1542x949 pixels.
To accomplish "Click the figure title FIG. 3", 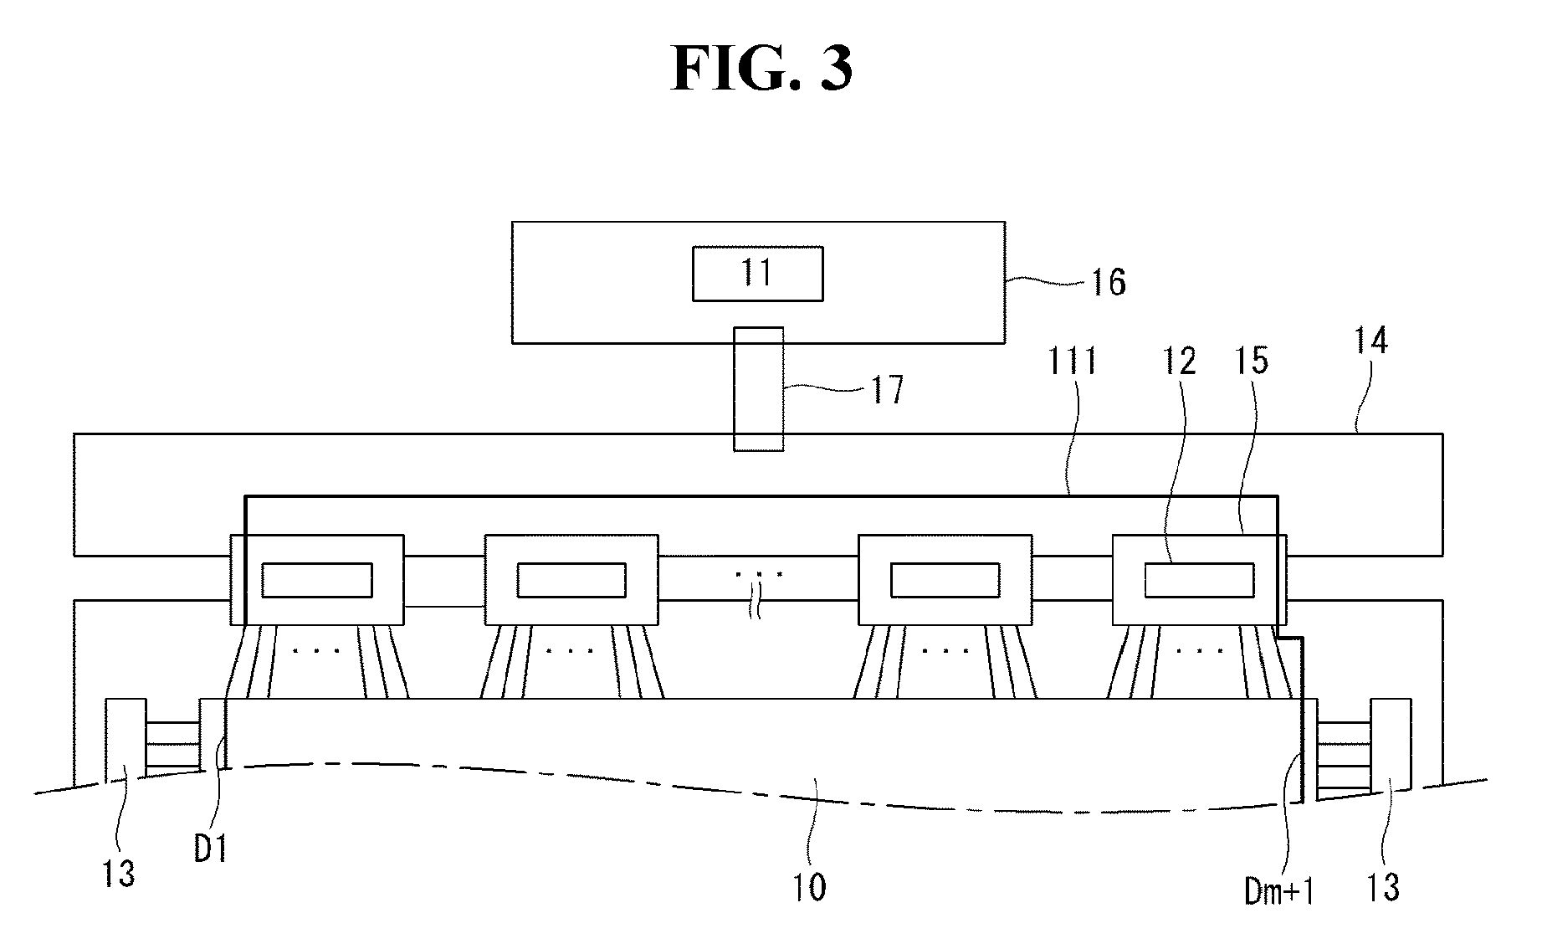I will click(761, 69).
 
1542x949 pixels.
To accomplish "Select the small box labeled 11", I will click(757, 274).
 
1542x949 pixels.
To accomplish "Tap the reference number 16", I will click(1108, 283).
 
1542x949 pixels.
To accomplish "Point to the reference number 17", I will click(888, 390).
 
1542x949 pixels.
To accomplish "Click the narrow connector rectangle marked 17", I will click(759, 388).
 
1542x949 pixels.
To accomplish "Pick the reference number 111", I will click(1073, 362).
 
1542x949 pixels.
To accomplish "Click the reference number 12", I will click(1178, 361).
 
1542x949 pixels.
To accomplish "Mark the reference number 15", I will click(1251, 361).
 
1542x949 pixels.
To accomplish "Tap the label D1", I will click(211, 849).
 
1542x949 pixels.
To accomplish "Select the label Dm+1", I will click(1279, 892).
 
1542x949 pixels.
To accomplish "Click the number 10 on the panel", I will click(809, 887).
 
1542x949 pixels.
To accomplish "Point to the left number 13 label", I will click(119, 875).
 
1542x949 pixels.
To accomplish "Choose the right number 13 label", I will click(1383, 886).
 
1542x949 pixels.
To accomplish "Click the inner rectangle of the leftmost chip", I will click(317, 580).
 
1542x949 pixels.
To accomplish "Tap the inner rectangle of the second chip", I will click(571, 580).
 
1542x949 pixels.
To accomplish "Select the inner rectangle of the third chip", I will click(945, 580).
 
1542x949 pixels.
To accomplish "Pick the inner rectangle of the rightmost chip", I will click(1199, 580).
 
